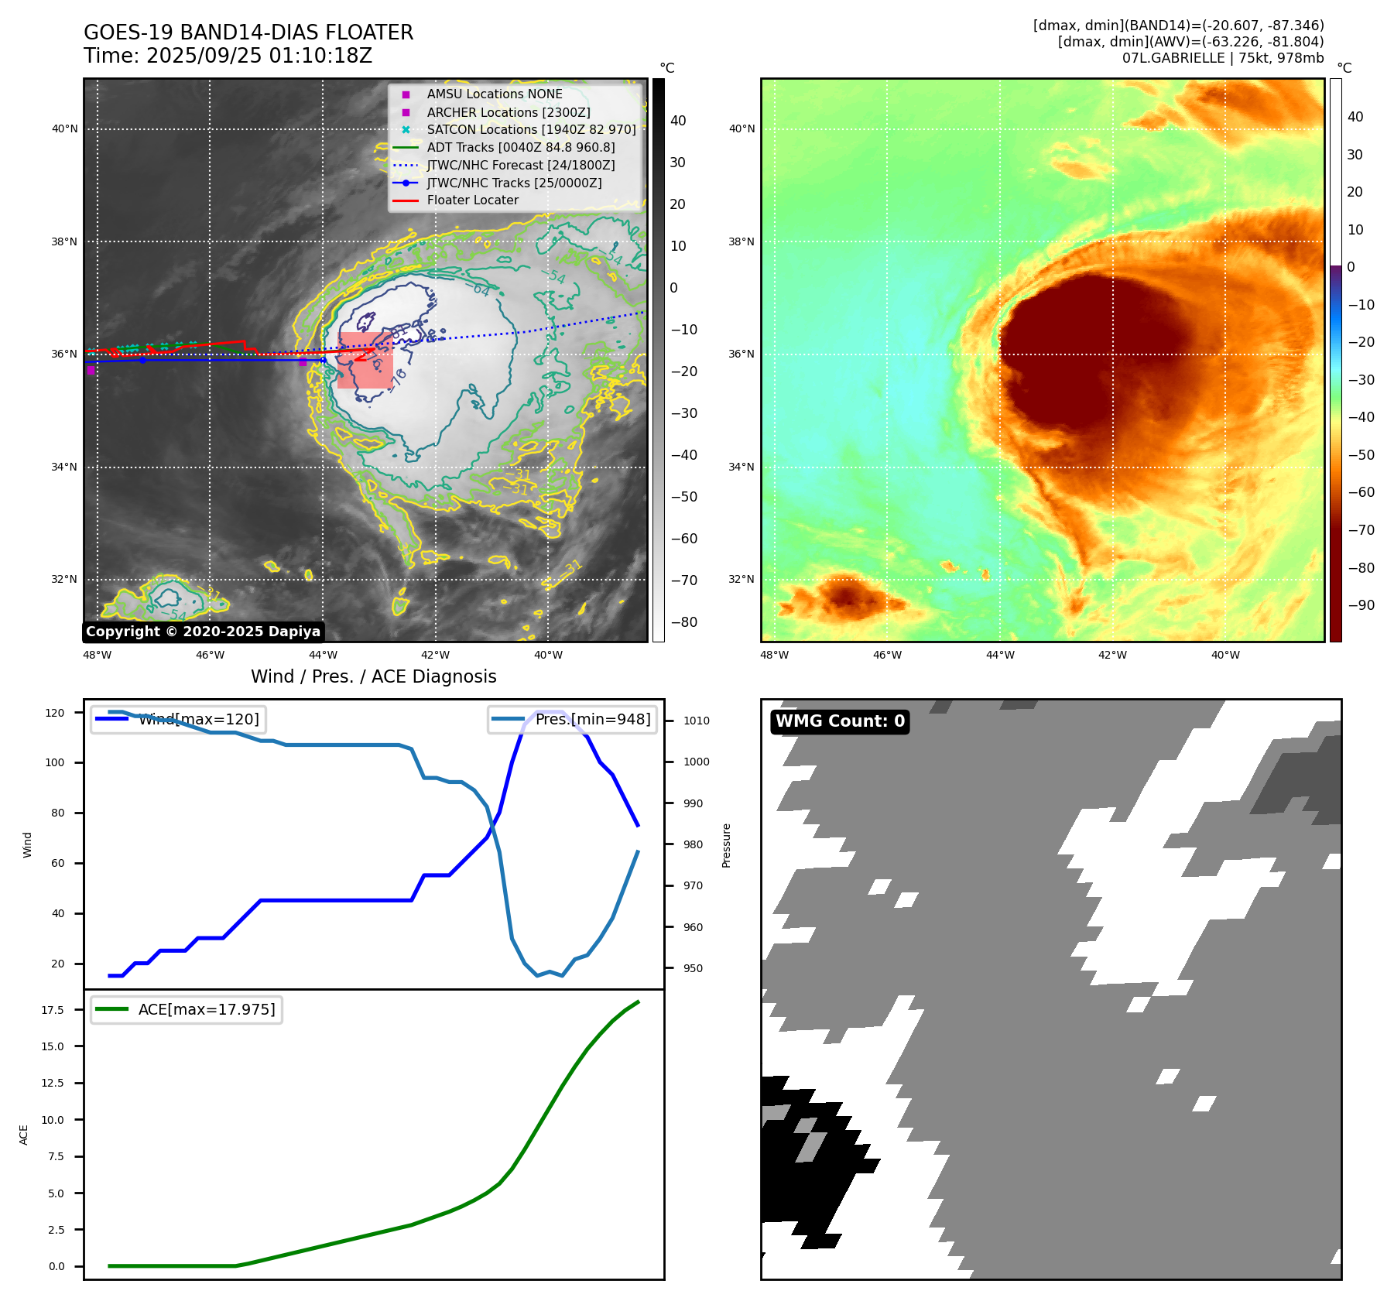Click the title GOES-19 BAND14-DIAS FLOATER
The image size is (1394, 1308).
(248, 33)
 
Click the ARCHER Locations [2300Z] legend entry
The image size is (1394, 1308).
(508, 112)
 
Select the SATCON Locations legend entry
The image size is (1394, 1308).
(531, 129)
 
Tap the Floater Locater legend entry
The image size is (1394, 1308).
(472, 200)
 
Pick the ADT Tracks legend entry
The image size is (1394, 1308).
(520, 147)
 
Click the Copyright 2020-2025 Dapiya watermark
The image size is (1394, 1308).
(203, 632)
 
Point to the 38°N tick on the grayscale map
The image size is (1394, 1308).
(64, 241)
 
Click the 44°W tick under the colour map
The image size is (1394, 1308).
(1000, 655)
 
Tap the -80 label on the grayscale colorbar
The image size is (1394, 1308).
(683, 622)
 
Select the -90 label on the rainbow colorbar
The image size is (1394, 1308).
(1361, 605)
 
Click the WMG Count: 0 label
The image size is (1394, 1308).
(840, 721)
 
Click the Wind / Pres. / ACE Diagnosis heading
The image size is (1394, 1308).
(373, 676)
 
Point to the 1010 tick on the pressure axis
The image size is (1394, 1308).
(696, 721)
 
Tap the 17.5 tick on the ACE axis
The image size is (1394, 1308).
(53, 1010)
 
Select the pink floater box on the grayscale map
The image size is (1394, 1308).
(365, 360)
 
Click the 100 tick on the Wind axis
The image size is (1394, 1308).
(55, 762)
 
